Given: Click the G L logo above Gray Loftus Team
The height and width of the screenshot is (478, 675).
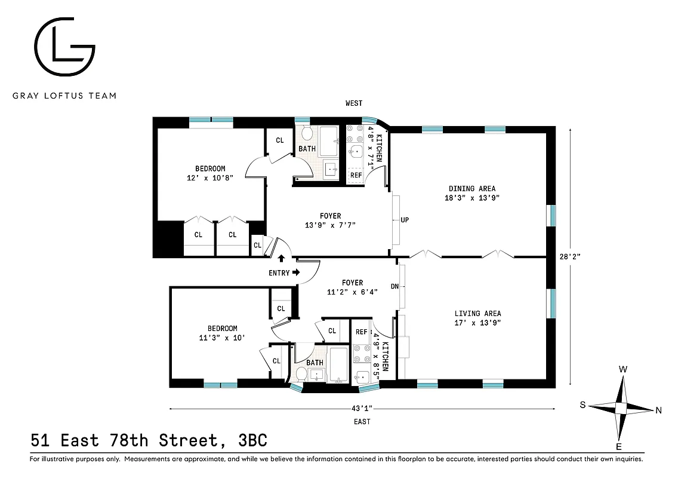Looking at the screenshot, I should point(64,48).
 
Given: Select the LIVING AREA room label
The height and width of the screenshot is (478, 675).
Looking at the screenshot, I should point(477,314).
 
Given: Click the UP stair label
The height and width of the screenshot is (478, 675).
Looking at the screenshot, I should point(405,220).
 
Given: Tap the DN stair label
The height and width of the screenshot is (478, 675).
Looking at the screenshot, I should point(394,286).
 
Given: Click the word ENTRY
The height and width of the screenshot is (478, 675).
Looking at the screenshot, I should point(279,273).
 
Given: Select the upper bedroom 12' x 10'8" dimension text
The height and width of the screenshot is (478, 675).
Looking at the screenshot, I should point(209,177).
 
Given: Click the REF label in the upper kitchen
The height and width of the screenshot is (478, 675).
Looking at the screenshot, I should point(356,175).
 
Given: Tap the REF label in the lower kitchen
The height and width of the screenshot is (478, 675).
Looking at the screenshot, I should point(362,332).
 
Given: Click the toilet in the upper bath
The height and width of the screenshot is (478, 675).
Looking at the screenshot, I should point(307,133).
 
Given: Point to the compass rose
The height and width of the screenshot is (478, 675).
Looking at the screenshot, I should point(621,408).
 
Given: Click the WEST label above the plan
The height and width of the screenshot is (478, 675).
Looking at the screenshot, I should point(354,103).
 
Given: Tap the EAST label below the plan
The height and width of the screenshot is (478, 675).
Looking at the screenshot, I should point(362,422).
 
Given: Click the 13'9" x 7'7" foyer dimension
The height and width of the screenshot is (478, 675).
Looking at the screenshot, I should point(330,225).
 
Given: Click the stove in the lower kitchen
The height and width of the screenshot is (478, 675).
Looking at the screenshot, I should point(361,353).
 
